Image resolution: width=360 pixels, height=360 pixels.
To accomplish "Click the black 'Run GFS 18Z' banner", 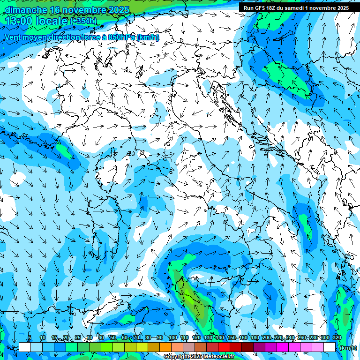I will point(295,8).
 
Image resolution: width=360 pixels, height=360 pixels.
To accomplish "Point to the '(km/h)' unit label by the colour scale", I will point(347,348).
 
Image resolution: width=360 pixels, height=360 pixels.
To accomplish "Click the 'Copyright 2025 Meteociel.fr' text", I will point(199,357).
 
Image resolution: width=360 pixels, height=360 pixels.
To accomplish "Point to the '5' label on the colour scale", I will point(30,337).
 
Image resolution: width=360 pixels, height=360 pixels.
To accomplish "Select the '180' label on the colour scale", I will point(255,337).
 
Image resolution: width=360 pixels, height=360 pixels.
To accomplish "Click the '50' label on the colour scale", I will point(113,337).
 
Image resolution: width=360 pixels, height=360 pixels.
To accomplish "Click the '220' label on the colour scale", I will point(278,337).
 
